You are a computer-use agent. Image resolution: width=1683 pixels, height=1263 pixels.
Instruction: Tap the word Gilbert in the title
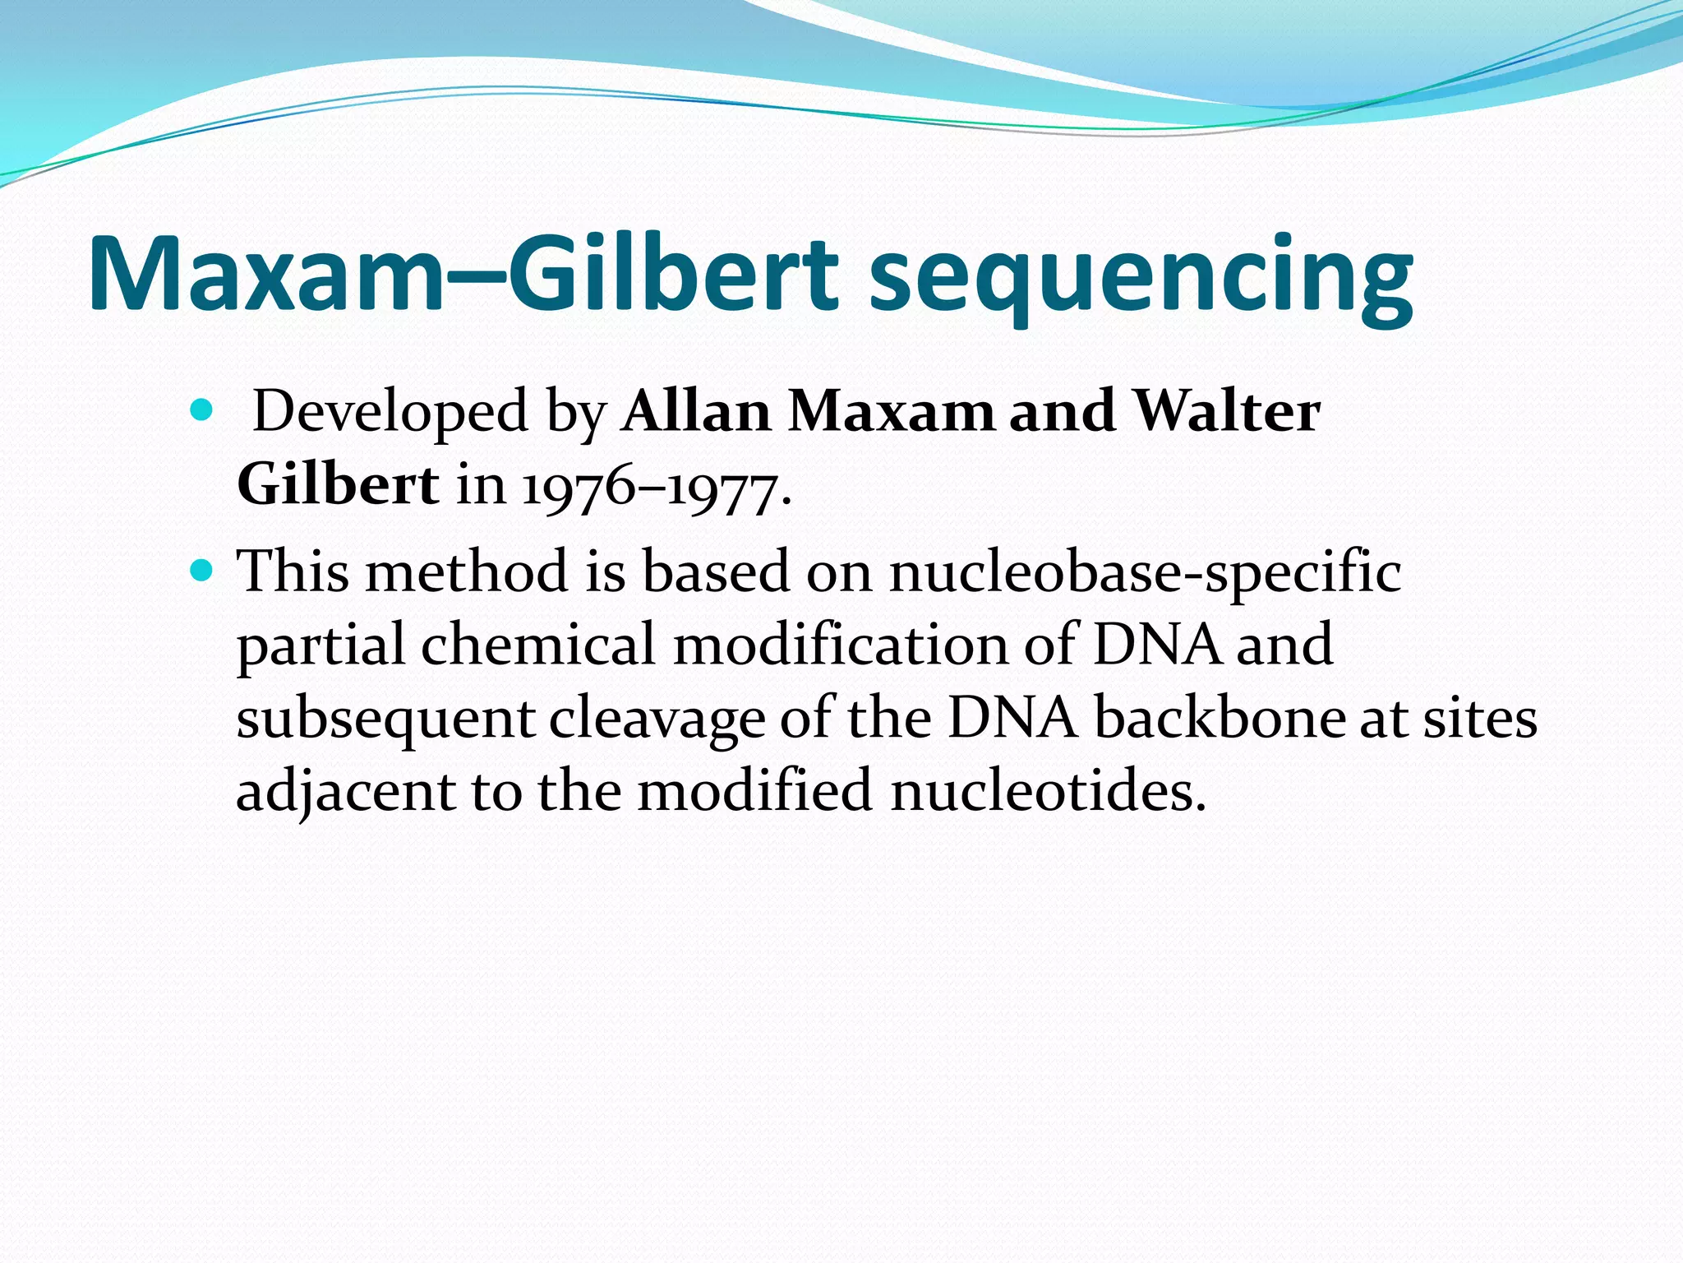673,274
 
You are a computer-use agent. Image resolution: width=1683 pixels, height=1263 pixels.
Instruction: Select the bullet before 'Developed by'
201,409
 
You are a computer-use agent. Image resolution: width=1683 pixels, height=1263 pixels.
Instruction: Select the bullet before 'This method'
201,568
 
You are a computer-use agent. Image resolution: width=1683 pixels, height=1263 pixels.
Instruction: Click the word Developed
390,411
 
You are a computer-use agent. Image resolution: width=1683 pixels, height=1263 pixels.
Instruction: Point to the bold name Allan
696,410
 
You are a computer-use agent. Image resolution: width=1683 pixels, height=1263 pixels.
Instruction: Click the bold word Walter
1226,410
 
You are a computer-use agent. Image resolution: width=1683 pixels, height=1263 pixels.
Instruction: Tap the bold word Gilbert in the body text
337,484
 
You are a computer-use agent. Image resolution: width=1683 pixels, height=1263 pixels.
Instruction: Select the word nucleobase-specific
1145,571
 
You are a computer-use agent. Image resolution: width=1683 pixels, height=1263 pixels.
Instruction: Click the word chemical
537,644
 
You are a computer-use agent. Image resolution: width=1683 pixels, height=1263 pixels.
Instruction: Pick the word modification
840,644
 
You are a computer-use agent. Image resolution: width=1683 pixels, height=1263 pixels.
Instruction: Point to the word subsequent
385,719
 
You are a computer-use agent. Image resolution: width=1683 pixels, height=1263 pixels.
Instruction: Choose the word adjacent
345,792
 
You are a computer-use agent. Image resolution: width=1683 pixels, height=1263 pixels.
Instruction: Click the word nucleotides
1048,791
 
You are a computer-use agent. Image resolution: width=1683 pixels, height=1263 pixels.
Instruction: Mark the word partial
320,645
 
